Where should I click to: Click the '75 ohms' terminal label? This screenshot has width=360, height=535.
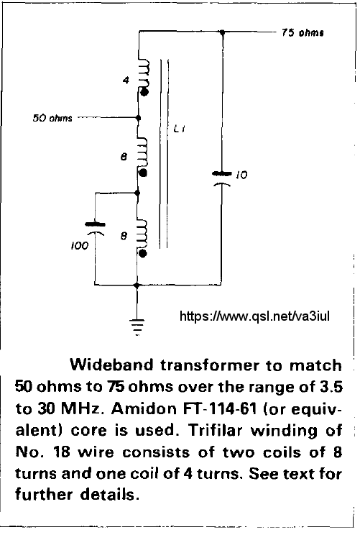point(303,33)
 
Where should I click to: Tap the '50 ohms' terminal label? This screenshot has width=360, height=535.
point(52,118)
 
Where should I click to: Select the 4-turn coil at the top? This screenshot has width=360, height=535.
point(143,73)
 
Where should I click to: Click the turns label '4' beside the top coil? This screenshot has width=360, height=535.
point(126,81)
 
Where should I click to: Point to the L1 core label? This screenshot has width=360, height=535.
point(180,129)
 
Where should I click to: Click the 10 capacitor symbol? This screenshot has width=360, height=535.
point(221,179)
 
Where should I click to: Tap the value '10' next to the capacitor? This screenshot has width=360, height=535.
point(241,175)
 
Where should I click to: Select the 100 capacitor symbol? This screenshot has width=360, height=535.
point(95,229)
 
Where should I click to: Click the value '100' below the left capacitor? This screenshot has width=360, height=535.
point(80,246)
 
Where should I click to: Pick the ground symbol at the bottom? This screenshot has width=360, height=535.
point(137,327)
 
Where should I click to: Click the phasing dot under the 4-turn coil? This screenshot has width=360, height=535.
point(144,92)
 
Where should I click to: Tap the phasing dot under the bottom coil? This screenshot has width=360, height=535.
point(143,254)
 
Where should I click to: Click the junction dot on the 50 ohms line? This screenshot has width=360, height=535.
point(138,118)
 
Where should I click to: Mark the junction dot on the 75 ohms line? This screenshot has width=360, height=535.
point(222,32)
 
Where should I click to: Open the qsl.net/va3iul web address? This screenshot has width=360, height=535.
point(254,316)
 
